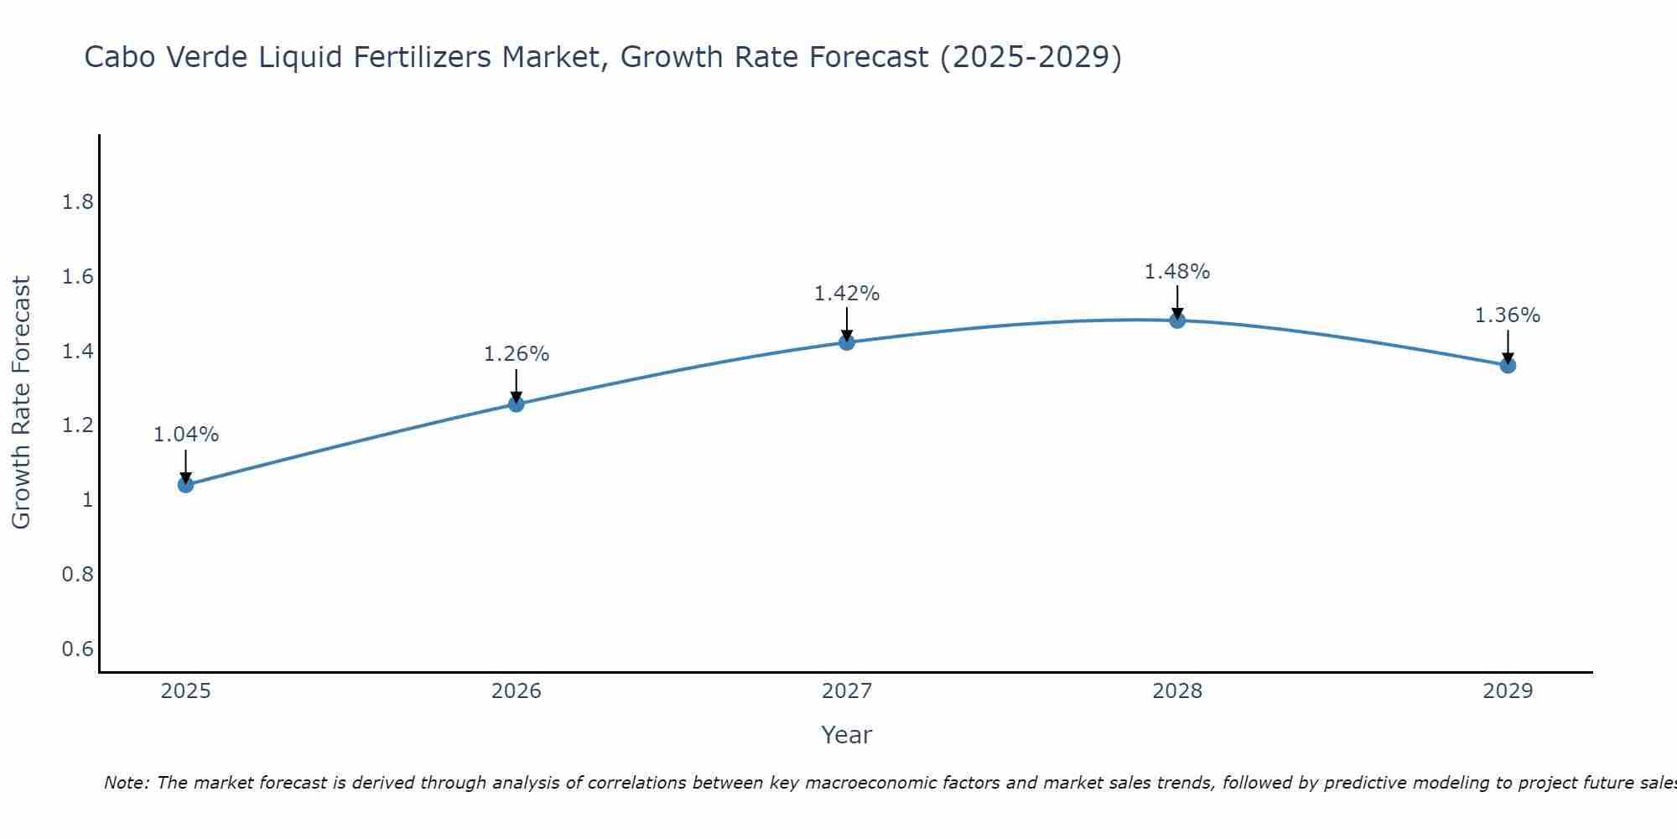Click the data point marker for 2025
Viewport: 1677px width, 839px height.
click(x=186, y=484)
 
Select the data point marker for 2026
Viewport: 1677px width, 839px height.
click(x=517, y=404)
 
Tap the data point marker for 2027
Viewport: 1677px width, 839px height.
click(x=847, y=341)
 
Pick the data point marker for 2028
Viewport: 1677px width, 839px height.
click(x=1177, y=320)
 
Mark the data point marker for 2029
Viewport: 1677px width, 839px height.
click(x=1508, y=365)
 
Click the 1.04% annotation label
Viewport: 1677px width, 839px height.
click(x=186, y=435)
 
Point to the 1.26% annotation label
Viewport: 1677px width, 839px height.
click(x=517, y=354)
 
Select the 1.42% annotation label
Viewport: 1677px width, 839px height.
click(x=847, y=294)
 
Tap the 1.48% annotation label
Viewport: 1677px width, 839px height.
click(x=1177, y=272)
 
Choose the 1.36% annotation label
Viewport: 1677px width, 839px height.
click(x=1508, y=315)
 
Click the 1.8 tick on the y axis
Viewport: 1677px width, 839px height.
click(x=78, y=203)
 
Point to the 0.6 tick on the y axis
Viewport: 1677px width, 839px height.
click(x=78, y=649)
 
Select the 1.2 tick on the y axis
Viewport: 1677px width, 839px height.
click(x=78, y=426)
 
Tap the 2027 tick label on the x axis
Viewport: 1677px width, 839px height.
click(x=847, y=691)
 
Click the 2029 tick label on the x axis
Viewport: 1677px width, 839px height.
click(x=1508, y=691)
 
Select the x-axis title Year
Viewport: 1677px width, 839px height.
click(x=847, y=735)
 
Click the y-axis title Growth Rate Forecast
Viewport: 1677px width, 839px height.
click(x=22, y=403)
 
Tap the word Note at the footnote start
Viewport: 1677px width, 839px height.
click(x=126, y=783)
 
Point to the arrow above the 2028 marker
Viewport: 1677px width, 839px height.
click(x=1177, y=302)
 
